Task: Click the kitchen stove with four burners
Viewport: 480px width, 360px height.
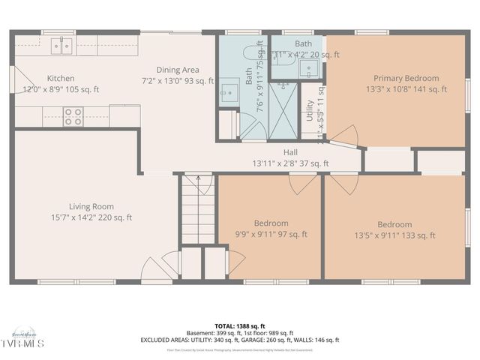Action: click(x=73, y=116)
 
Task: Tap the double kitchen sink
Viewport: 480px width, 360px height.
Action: click(x=62, y=46)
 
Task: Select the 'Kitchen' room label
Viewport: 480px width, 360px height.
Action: click(x=61, y=78)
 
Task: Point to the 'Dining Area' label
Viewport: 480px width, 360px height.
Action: click(x=178, y=70)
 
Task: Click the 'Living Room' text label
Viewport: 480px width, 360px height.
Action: click(x=91, y=206)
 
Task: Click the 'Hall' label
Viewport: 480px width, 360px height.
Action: click(x=270, y=152)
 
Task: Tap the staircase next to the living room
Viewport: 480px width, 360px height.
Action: click(x=198, y=214)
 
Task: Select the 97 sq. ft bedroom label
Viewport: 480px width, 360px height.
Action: click(x=271, y=223)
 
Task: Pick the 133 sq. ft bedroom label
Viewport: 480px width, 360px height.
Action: click(x=394, y=224)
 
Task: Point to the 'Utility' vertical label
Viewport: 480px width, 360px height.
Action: click(x=309, y=111)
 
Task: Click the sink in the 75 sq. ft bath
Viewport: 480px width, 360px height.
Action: click(x=229, y=94)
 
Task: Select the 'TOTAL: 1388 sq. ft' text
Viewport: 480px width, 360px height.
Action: click(x=240, y=326)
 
